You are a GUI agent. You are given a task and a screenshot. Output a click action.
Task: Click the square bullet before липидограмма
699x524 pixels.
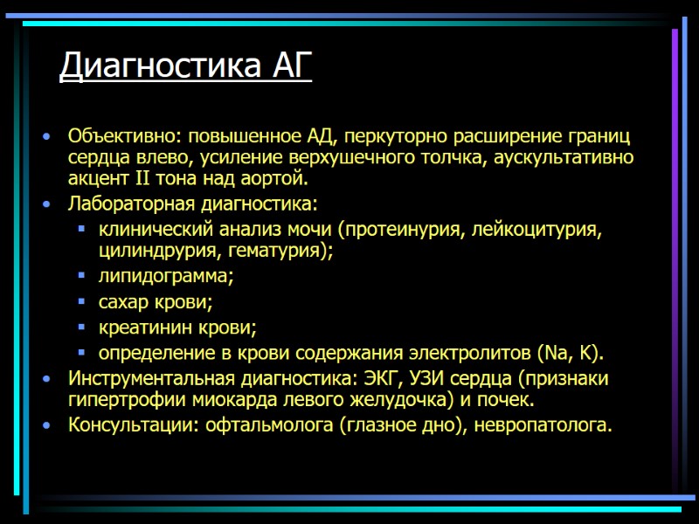click(x=81, y=277)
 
